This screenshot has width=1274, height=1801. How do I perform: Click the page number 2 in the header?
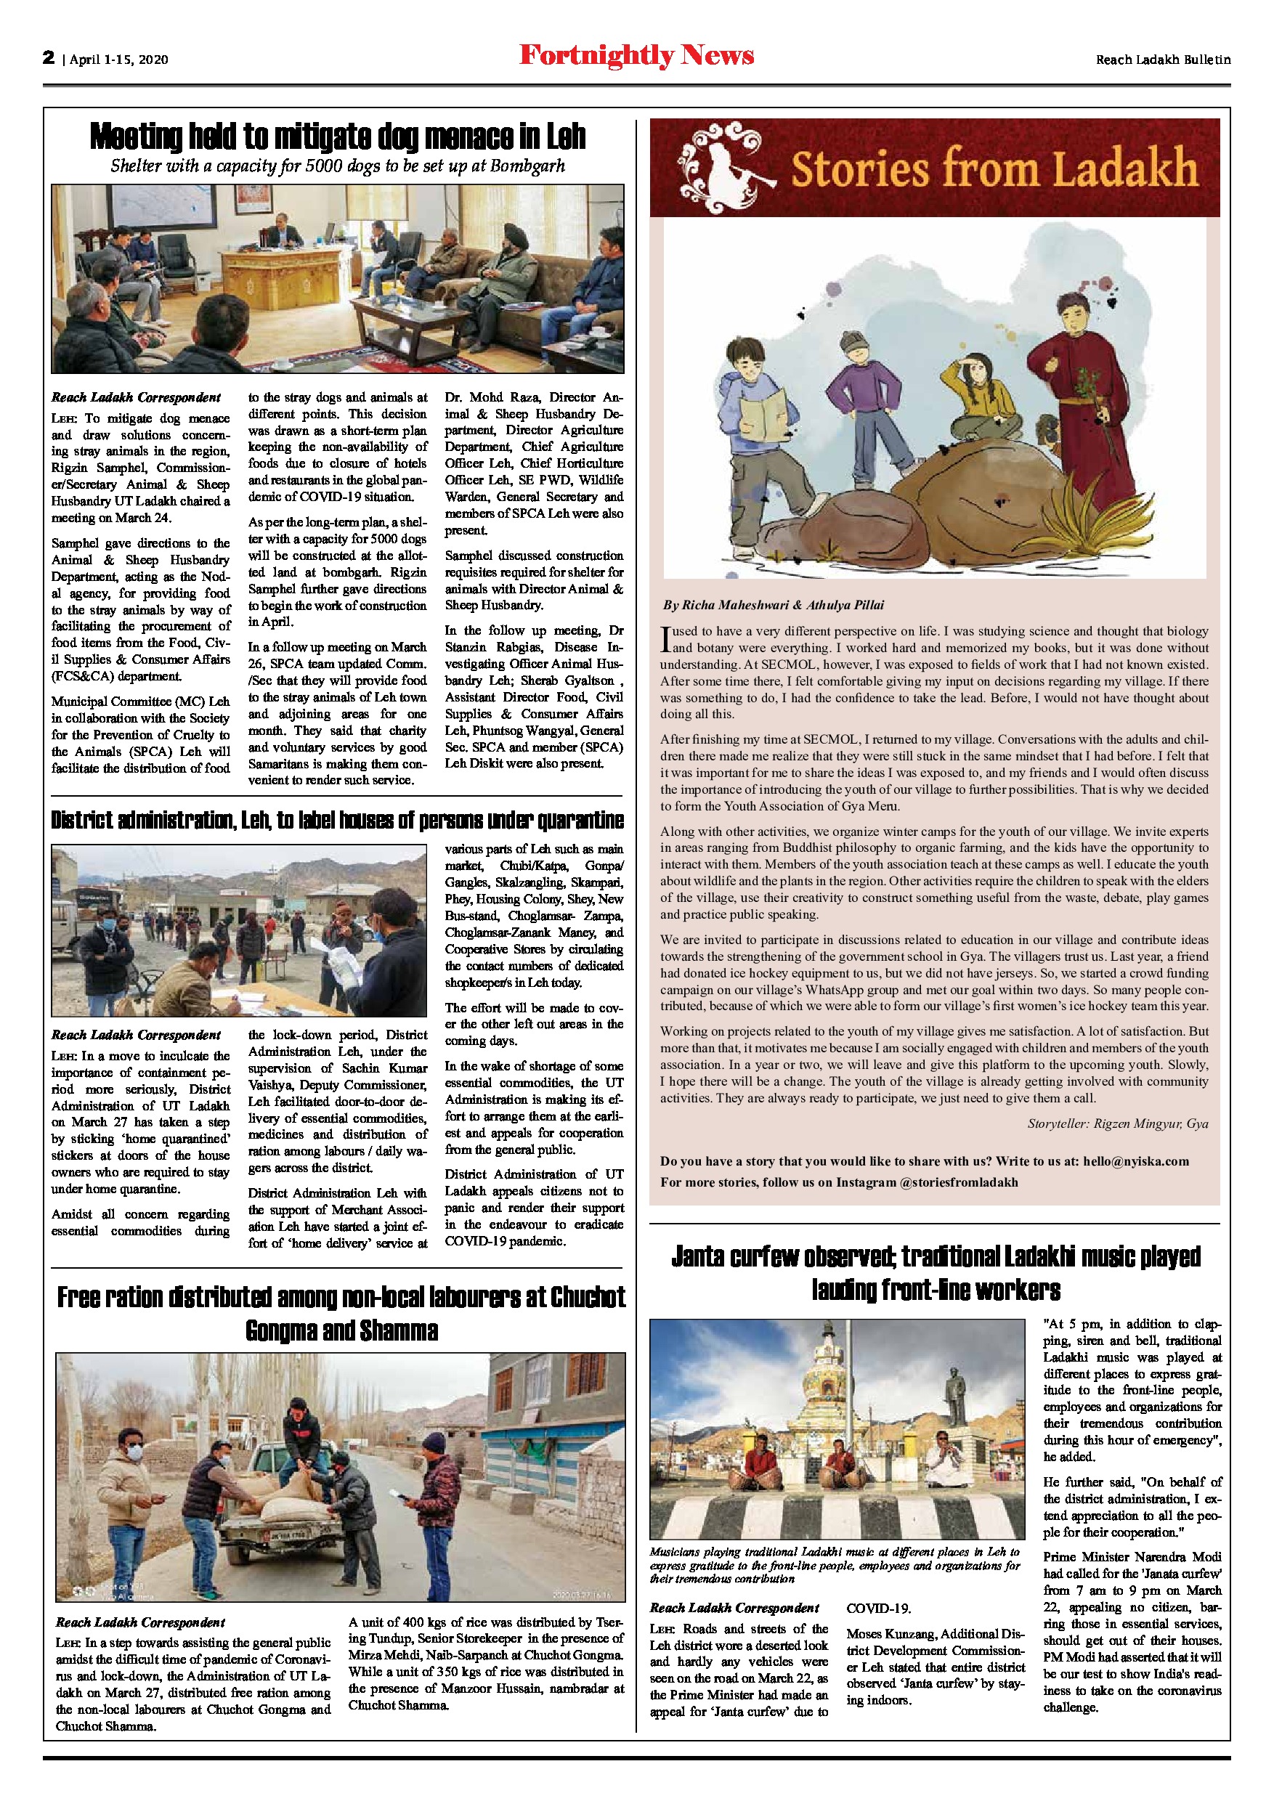click(x=49, y=58)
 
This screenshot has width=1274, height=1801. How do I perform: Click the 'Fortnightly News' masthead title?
click(x=636, y=57)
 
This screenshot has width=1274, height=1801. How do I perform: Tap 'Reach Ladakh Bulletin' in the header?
click(x=1163, y=60)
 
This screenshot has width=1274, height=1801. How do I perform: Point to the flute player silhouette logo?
click(x=716, y=166)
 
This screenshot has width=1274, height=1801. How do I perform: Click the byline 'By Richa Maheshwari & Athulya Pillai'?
click(x=774, y=605)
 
